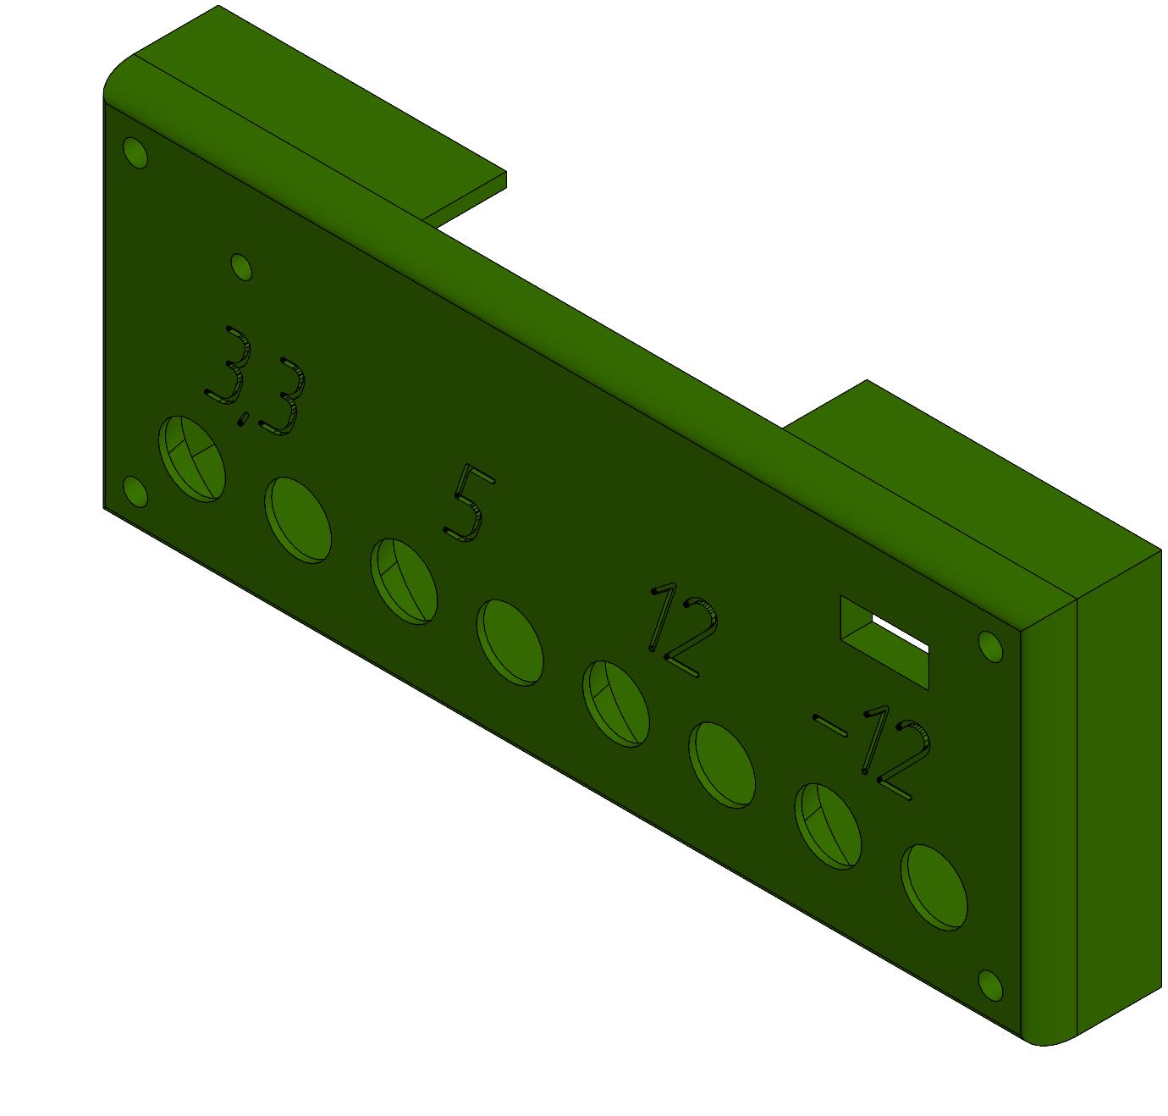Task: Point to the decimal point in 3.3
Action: tap(242, 419)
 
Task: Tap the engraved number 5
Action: tap(470, 503)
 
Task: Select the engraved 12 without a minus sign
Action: tap(684, 629)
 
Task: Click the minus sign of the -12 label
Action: tap(830, 726)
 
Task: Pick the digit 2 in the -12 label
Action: tap(904, 761)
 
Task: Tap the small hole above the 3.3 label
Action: tap(241, 267)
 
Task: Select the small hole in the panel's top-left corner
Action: tap(135, 153)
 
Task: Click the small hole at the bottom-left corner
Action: tap(135, 492)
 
